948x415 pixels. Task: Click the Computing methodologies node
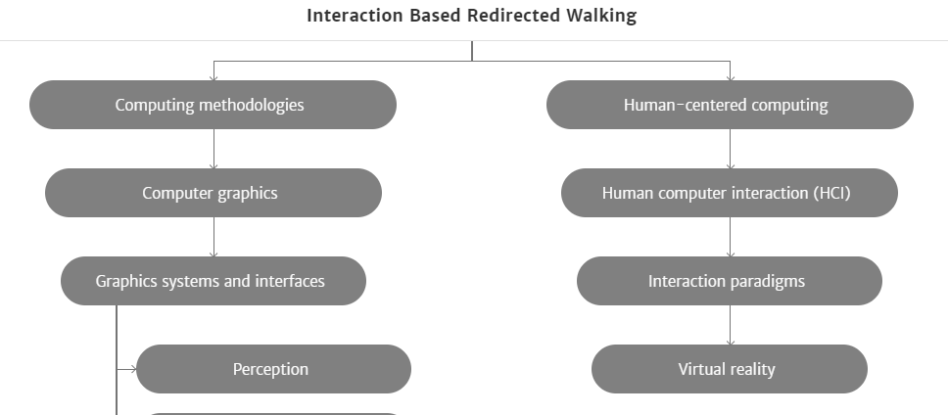click(213, 105)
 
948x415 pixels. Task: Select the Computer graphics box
click(213, 193)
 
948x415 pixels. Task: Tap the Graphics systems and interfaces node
click(213, 281)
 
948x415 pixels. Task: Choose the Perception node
click(274, 369)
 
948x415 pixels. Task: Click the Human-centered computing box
click(730, 105)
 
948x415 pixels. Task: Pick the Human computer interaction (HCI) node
click(730, 193)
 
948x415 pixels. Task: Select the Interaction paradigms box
click(730, 281)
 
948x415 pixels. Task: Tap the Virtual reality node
click(730, 369)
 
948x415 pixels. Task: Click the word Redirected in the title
click(513, 15)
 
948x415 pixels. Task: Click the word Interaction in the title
click(355, 15)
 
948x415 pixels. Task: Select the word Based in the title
click(435, 15)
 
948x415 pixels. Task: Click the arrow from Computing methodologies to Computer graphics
click(213, 149)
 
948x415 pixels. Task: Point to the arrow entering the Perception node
click(126, 369)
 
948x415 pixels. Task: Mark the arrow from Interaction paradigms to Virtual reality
click(730, 326)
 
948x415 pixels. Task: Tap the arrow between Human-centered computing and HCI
click(730, 149)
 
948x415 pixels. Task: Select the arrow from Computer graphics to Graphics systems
click(213, 238)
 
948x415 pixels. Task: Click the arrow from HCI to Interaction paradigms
click(730, 238)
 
